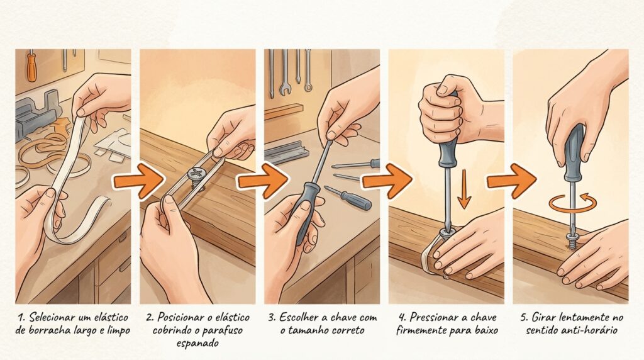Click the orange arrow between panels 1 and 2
138,181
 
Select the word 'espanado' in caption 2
197,343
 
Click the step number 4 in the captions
402,317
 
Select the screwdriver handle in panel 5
574,153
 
